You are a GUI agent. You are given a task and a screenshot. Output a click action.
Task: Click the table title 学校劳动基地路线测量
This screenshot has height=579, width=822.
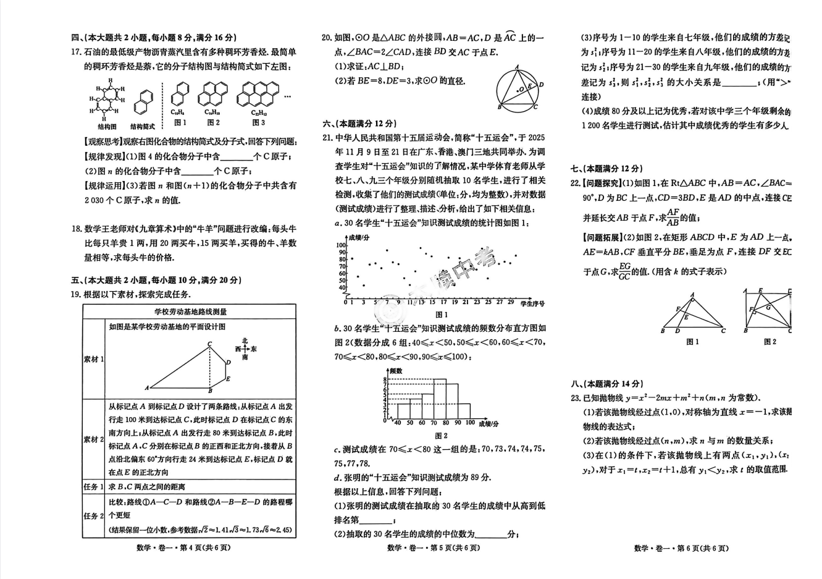pyautogui.click(x=190, y=312)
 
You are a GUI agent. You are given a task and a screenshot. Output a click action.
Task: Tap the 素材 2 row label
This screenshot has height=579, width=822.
pyautogui.click(x=93, y=439)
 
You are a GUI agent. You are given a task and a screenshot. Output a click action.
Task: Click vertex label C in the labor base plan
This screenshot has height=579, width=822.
pyautogui.click(x=210, y=344)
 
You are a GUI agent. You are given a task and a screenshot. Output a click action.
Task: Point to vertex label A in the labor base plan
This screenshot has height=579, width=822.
pyautogui.click(x=147, y=388)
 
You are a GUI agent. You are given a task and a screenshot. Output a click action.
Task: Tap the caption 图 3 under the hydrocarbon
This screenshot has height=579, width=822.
pyautogui.click(x=258, y=122)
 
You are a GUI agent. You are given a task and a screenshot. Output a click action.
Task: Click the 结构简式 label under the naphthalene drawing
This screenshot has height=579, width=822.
pyautogui.click(x=143, y=127)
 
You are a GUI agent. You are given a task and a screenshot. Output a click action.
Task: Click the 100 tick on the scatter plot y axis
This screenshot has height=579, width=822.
pyautogui.click(x=342, y=245)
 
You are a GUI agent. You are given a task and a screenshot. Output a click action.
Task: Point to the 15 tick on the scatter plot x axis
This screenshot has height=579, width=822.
pyautogui.click(x=432, y=302)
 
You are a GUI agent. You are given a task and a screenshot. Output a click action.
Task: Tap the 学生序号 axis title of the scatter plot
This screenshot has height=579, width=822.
pyautogui.click(x=532, y=303)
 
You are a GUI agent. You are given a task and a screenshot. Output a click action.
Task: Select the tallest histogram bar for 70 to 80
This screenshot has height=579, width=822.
pyautogui.click(x=440, y=399)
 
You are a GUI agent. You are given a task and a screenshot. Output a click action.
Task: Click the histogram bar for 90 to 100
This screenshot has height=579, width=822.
pyautogui.click(x=464, y=411)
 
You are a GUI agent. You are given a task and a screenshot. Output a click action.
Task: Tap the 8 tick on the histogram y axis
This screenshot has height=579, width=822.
pyautogui.click(x=385, y=379)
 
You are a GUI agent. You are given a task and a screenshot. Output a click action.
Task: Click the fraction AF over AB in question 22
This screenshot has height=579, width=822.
pyautogui.click(x=673, y=217)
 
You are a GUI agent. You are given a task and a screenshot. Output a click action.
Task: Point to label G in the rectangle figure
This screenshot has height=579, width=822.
pyautogui.click(x=768, y=307)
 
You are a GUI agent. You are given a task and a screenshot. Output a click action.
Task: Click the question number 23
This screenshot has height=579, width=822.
pyautogui.click(x=576, y=398)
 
